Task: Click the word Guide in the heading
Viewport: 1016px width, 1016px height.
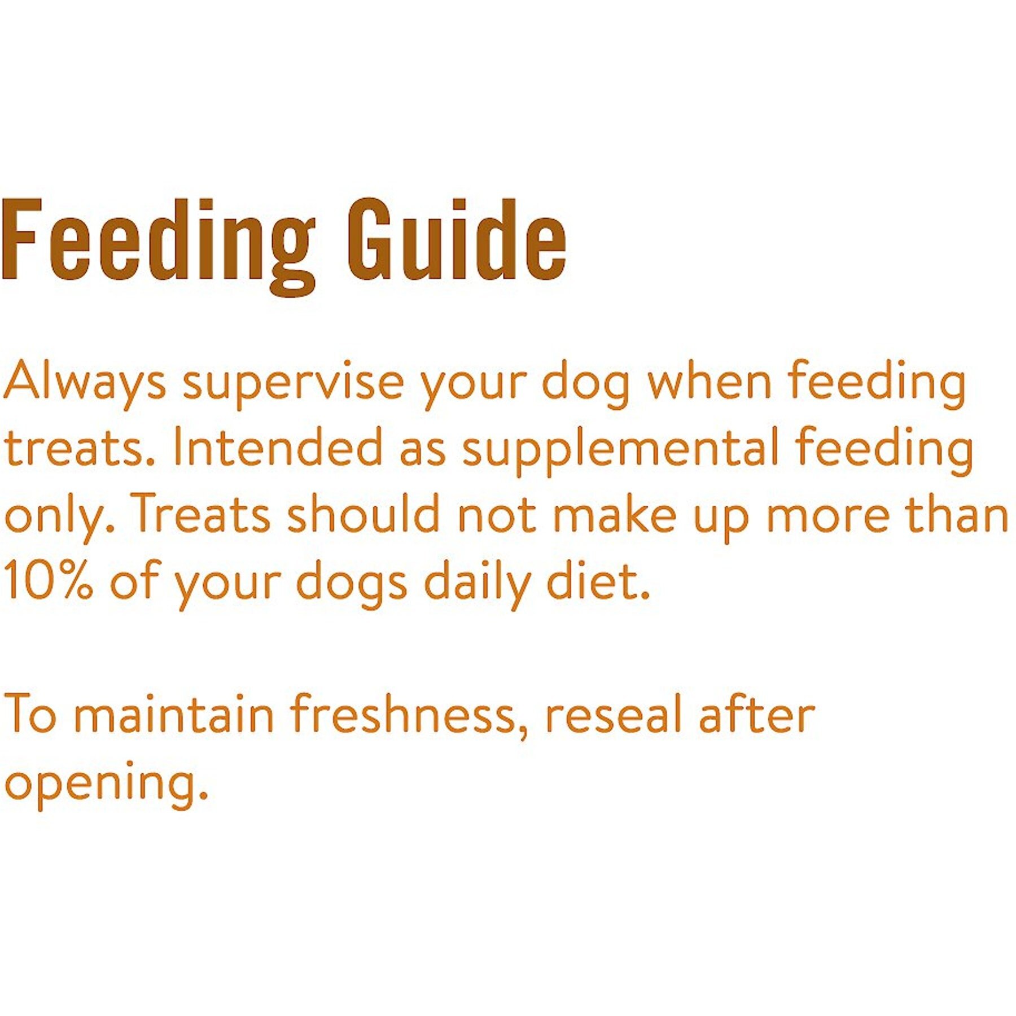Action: tap(456, 240)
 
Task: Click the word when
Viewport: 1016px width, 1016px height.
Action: tap(709, 379)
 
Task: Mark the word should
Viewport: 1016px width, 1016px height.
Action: tap(364, 513)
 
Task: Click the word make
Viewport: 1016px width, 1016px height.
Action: tap(614, 513)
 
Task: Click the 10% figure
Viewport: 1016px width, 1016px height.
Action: tap(49, 579)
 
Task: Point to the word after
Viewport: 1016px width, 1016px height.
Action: tap(756, 713)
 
